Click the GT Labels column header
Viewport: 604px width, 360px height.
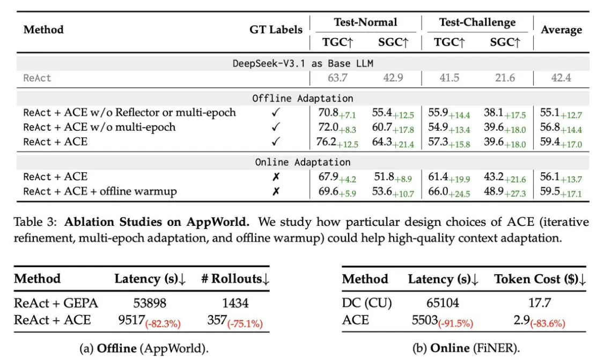276,30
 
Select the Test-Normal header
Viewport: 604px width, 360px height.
365,23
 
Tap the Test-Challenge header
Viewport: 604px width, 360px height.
477,23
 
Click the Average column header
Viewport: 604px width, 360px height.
561,30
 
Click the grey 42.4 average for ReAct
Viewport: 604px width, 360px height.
561,78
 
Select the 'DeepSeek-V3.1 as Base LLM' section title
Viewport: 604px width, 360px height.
303,63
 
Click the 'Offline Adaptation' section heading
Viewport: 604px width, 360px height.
303,98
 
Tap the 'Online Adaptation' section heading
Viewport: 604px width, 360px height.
303,162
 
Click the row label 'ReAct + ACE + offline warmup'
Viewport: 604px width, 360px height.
100,192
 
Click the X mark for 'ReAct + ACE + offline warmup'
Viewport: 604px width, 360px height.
276,192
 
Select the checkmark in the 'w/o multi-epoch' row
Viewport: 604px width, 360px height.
276,128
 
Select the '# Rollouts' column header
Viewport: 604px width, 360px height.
235,279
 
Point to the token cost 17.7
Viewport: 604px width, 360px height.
540,304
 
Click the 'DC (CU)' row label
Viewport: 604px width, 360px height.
367,304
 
